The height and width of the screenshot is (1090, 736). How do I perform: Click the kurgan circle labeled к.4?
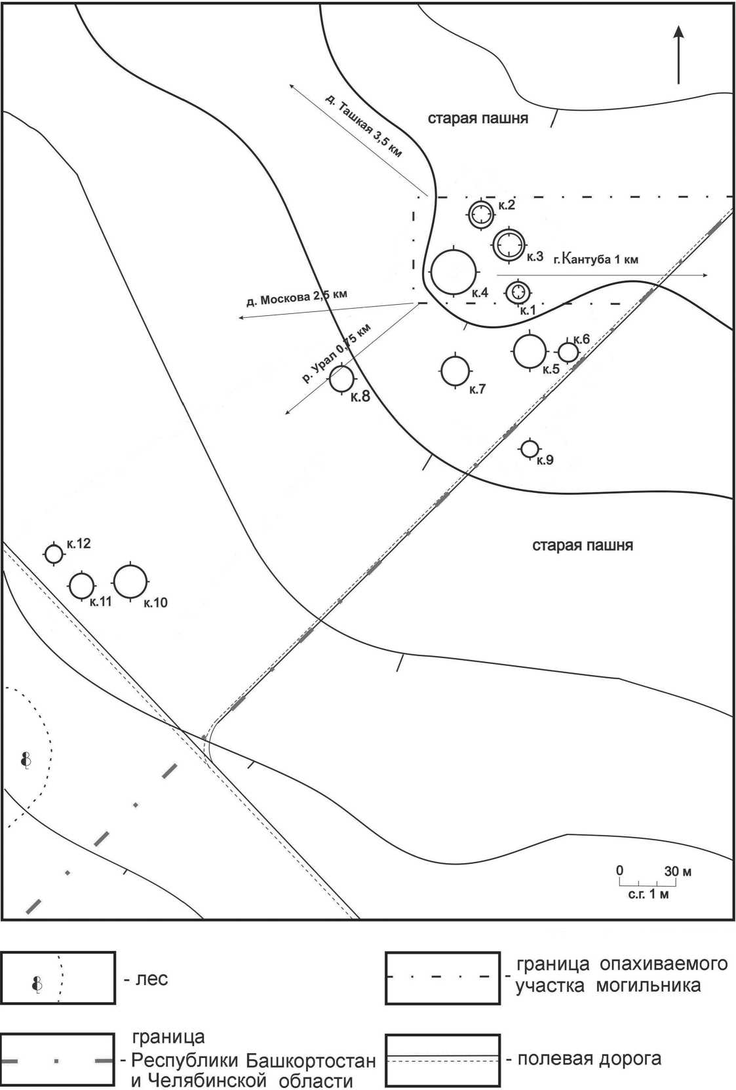tap(454, 272)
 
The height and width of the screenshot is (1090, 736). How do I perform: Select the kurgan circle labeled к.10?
tap(130, 581)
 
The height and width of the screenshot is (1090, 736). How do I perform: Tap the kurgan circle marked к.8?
tap(341, 378)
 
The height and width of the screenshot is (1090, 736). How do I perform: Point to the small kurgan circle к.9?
tap(530, 448)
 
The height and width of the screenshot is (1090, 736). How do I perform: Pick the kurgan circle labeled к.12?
tap(54, 554)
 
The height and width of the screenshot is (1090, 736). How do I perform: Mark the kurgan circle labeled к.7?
tap(455, 371)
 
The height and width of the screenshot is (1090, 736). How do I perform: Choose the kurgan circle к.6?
tap(568, 352)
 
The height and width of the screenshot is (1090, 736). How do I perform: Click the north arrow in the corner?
tap(678, 56)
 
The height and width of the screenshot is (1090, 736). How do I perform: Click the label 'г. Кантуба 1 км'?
tap(596, 259)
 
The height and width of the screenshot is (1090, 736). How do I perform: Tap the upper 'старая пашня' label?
tap(478, 119)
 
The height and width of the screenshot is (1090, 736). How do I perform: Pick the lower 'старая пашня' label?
tap(582, 545)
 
